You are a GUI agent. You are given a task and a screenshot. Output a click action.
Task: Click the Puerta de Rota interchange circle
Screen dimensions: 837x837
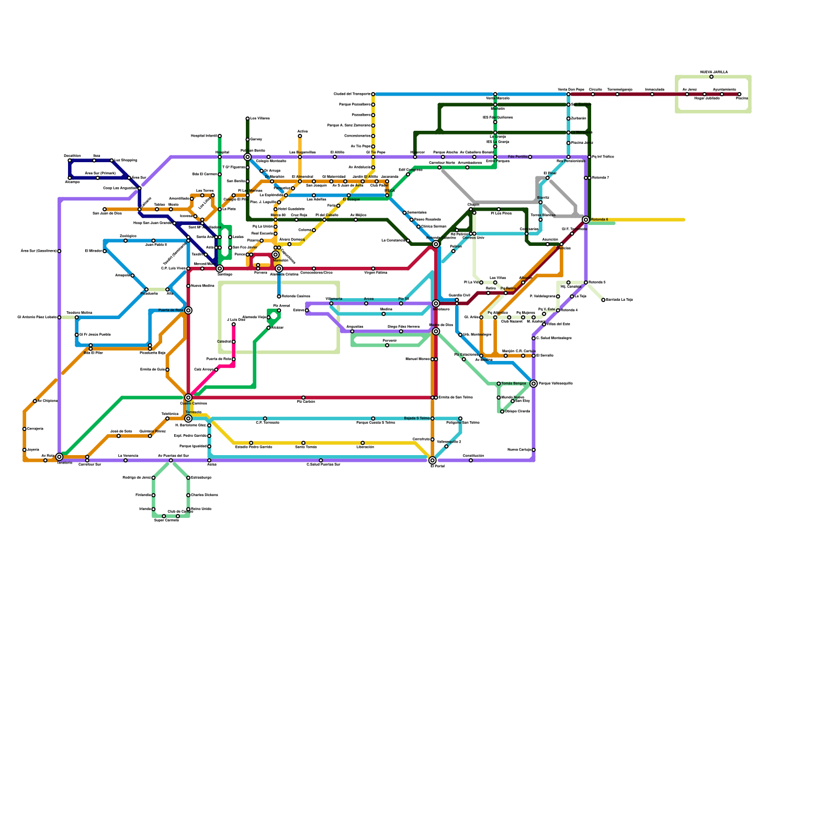point(188,311)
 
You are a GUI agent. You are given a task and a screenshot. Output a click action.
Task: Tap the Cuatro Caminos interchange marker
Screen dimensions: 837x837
point(188,398)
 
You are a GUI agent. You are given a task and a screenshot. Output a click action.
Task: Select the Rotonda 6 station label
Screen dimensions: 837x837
point(600,220)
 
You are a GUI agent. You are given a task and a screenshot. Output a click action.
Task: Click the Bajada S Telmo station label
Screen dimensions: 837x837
point(416,418)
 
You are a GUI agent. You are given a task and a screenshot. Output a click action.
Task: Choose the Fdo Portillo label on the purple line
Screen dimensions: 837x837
point(517,157)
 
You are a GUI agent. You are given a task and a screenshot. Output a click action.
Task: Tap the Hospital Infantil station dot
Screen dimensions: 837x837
point(220,136)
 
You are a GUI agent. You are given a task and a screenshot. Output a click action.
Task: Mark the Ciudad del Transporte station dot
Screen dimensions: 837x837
point(373,94)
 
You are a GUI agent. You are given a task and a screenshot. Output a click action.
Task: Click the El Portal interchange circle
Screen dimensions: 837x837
point(432,460)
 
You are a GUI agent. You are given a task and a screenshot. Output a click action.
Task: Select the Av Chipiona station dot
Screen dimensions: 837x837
point(35,401)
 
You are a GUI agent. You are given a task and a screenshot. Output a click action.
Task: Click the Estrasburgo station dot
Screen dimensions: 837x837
point(188,478)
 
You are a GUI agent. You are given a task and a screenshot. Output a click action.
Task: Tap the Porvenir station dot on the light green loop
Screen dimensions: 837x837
point(387,345)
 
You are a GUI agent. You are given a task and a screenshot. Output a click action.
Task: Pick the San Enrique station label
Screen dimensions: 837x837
point(235,181)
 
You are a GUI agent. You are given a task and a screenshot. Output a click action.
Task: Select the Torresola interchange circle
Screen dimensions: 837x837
point(188,418)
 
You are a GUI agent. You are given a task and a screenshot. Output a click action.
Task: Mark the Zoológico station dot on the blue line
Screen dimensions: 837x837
point(126,241)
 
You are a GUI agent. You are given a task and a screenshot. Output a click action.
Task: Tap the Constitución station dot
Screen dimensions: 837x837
point(471,460)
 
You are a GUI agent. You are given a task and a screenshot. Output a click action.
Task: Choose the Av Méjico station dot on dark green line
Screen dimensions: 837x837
point(356,220)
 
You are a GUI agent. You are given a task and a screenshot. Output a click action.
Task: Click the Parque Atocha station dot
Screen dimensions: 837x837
point(443,157)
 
